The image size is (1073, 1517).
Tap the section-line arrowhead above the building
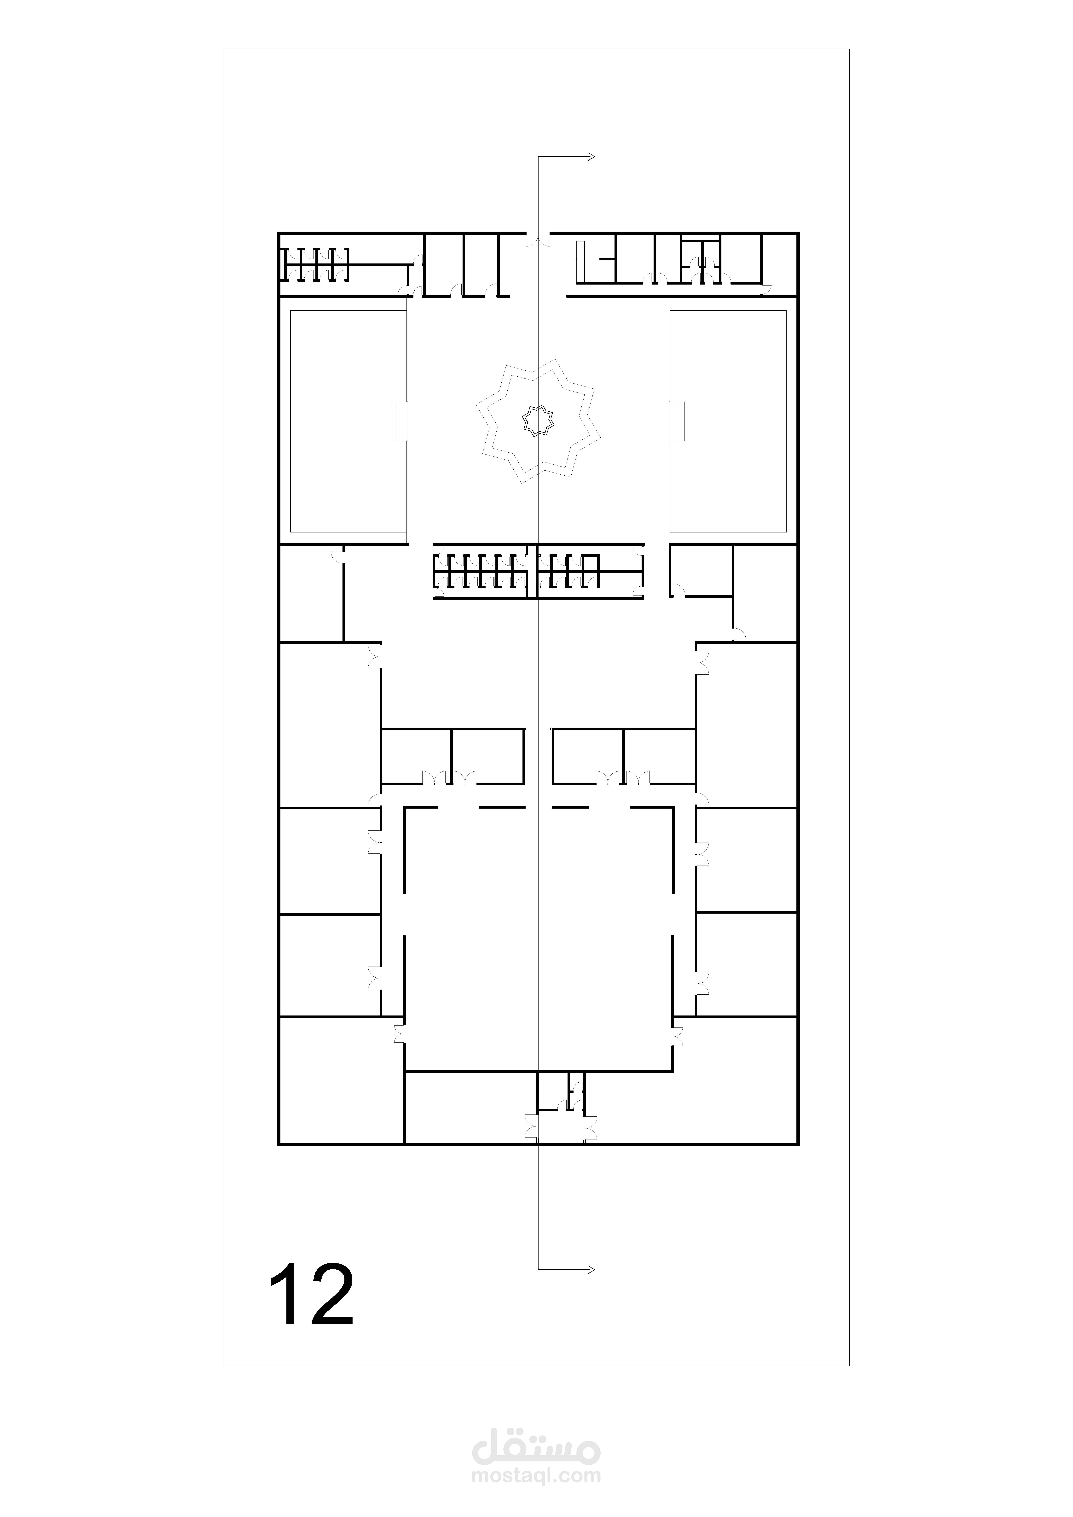[591, 157]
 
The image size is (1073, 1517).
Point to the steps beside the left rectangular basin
[400, 421]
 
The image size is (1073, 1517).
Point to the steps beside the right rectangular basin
[678, 421]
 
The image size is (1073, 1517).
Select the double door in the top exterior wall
[538, 239]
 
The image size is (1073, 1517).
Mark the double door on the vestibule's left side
[531, 1126]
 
